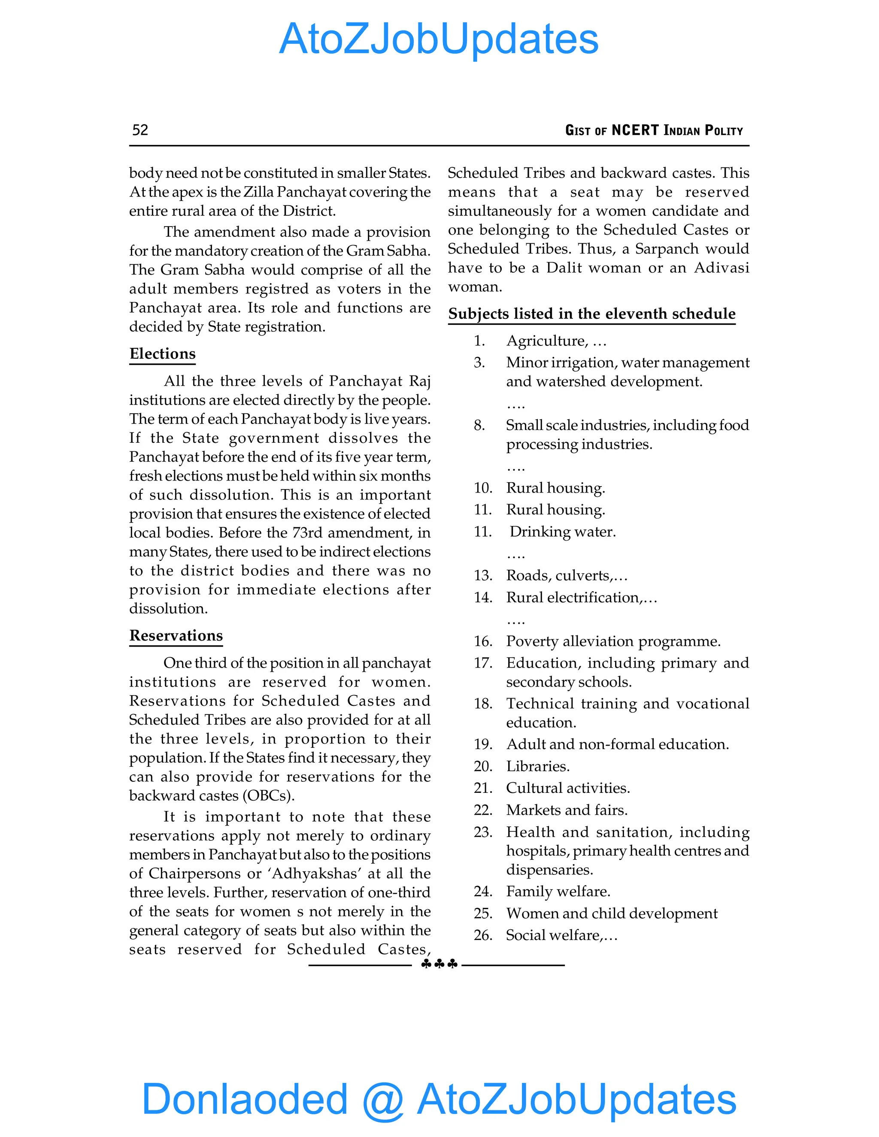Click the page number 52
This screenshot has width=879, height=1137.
point(140,130)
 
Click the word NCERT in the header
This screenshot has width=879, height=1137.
point(635,130)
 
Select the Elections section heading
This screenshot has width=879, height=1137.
point(163,354)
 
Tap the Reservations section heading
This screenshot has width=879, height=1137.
point(176,636)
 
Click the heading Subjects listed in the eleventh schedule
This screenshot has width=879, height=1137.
point(591,314)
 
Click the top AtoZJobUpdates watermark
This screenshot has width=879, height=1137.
point(439,39)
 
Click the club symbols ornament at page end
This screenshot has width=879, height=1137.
point(439,964)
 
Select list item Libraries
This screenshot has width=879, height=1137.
point(538,766)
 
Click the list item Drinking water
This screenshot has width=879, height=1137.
point(562,532)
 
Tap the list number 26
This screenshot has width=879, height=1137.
point(483,935)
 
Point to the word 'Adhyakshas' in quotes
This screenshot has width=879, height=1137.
point(315,873)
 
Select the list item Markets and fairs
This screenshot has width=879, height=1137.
point(567,810)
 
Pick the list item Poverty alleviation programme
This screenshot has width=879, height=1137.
point(613,641)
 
